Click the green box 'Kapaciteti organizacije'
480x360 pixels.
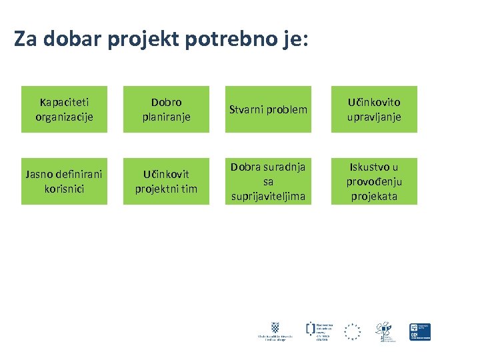pyautogui.click(x=64, y=109)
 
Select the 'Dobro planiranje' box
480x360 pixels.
pyautogui.click(x=166, y=109)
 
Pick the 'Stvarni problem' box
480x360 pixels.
pyautogui.click(x=268, y=109)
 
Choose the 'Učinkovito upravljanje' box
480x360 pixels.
pyautogui.click(x=374, y=109)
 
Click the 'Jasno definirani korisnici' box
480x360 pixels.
pyautogui.click(x=64, y=181)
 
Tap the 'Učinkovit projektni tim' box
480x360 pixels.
pyautogui.click(x=166, y=181)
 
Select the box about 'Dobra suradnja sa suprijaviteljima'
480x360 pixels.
pyautogui.click(x=268, y=181)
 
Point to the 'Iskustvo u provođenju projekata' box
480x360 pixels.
pyautogui.click(x=374, y=181)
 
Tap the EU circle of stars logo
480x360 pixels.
pyautogui.click(x=352, y=331)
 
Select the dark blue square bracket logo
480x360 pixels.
pyautogui.click(x=311, y=328)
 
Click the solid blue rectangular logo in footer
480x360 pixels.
pyautogui.click(x=420, y=331)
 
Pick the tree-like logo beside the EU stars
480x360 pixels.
pyautogui.click(x=384, y=330)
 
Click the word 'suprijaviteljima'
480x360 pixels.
pyautogui.click(x=268, y=196)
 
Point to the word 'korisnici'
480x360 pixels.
pyautogui.click(x=64, y=189)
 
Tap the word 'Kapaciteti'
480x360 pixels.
pyautogui.click(x=64, y=102)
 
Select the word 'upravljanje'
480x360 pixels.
pyautogui.click(x=374, y=117)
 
